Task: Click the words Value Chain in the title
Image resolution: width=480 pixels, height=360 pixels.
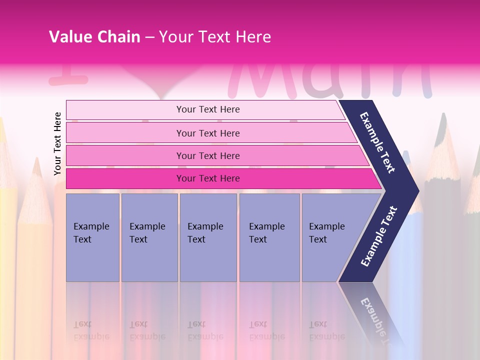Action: click(x=94, y=36)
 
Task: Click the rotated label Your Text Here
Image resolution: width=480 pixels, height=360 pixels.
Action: click(x=57, y=143)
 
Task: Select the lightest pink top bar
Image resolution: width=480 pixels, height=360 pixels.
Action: click(x=208, y=109)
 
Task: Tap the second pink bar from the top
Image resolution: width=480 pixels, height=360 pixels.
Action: click(x=208, y=133)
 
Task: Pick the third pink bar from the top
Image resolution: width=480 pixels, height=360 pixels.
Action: click(x=208, y=155)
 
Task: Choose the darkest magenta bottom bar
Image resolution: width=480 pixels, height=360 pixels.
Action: click(x=208, y=178)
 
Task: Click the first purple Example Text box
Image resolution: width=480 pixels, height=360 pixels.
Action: click(x=92, y=237)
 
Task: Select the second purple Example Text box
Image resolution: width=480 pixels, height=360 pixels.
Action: click(x=149, y=237)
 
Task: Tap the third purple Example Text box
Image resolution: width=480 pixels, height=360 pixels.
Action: click(x=208, y=237)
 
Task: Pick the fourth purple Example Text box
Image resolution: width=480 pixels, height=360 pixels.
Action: click(x=269, y=237)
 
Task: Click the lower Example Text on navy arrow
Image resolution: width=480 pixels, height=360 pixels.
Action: click(x=379, y=236)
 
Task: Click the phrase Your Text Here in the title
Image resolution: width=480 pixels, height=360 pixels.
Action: click(x=215, y=36)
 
